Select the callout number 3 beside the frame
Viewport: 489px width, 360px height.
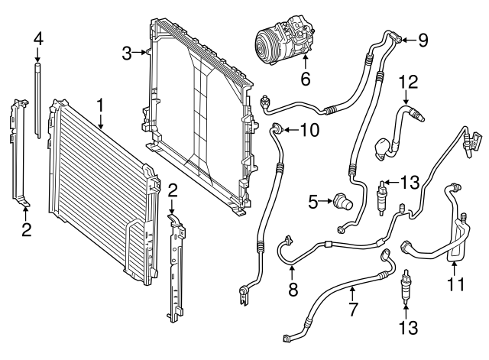[x=127, y=54]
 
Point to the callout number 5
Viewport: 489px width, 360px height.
[x=313, y=202]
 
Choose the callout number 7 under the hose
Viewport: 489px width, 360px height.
[x=352, y=309]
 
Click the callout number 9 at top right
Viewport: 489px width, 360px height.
[x=423, y=41]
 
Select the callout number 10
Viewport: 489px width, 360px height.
[x=309, y=130]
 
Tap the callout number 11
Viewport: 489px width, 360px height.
[x=455, y=284]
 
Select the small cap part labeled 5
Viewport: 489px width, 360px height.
[x=343, y=202]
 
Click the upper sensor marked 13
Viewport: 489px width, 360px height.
[x=382, y=198]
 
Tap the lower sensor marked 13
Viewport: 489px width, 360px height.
[x=406, y=287]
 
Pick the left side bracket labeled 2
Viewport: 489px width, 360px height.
[x=18, y=153]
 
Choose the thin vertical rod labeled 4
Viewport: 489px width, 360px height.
[x=37, y=100]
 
